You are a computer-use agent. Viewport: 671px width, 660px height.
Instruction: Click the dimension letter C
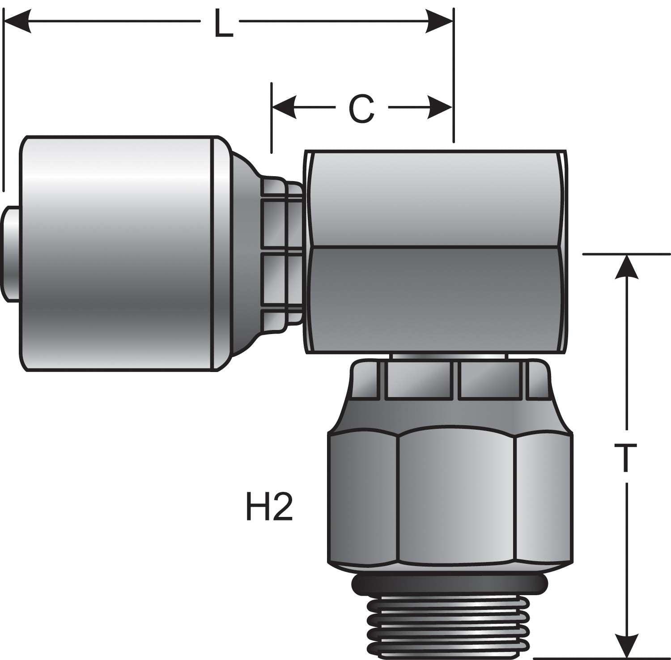(x=361, y=109)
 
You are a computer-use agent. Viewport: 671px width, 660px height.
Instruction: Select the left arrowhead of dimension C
(x=285, y=108)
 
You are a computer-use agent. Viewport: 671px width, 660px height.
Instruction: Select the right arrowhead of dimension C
(x=441, y=108)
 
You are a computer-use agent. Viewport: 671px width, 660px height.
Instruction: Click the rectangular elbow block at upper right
(x=436, y=201)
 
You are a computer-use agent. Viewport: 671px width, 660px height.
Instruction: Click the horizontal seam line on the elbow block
(x=436, y=247)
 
